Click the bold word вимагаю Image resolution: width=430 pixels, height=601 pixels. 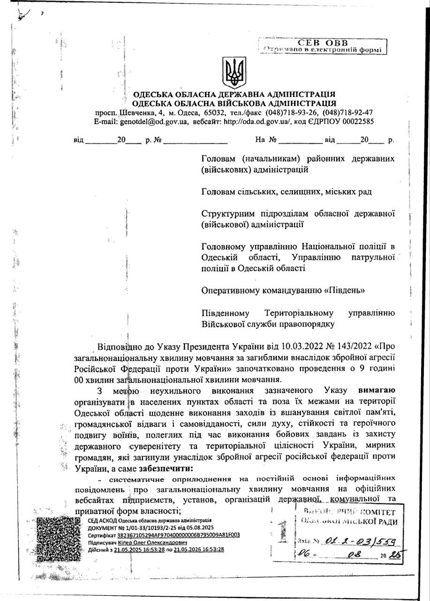pyautogui.click(x=377, y=390)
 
